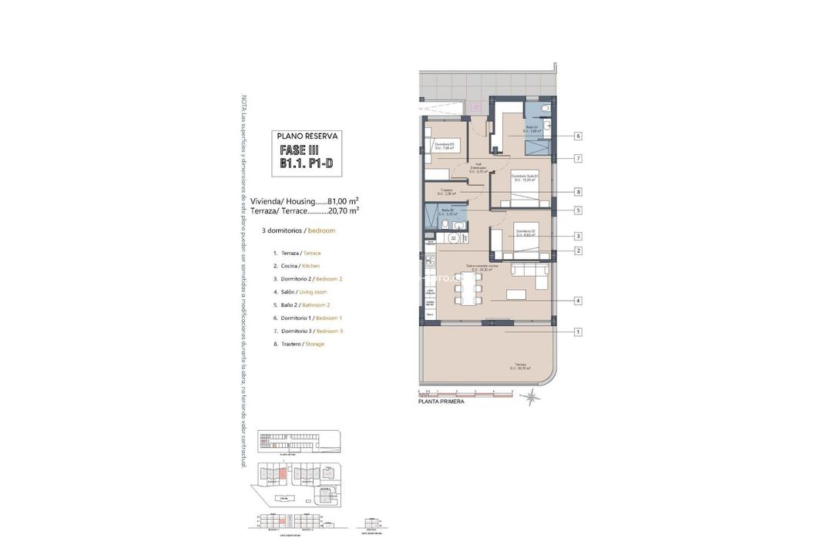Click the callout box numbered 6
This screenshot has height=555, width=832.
(578, 136)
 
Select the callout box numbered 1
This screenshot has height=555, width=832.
(578, 332)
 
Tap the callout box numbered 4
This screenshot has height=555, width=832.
(578, 301)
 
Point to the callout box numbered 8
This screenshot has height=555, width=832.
(578, 191)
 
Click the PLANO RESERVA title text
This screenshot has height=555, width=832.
(307, 136)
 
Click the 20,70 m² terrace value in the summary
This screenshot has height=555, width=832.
(344, 210)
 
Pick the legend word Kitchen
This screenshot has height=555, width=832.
(311, 266)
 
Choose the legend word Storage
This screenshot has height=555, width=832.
(314, 344)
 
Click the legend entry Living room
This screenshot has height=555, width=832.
(313, 292)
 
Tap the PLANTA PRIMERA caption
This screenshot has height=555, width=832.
(441, 402)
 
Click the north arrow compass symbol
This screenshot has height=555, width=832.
(531, 398)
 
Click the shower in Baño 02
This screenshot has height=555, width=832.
(428, 218)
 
